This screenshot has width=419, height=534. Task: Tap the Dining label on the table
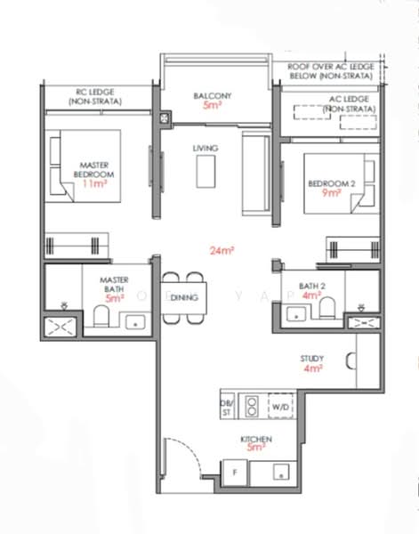(x=183, y=297)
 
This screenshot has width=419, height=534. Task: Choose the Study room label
(x=311, y=359)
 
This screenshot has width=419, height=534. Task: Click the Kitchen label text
(x=256, y=440)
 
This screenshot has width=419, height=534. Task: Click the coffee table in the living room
(x=207, y=168)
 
